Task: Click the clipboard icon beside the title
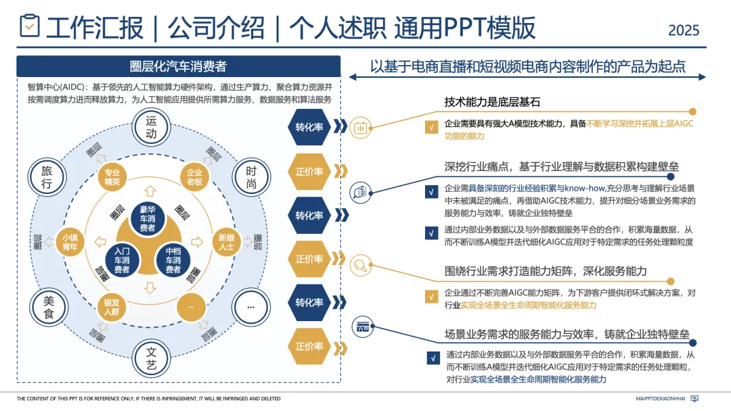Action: [x=30, y=26]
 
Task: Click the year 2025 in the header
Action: [x=684, y=30]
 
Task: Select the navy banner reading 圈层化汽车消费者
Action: [x=178, y=66]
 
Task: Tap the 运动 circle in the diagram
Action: [x=151, y=127]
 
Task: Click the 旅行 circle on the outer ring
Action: [x=47, y=177]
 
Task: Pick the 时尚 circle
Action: [x=251, y=178]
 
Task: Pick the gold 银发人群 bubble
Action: [x=112, y=307]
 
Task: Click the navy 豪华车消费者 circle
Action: [x=152, y=218]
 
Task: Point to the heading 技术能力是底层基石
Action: [x=492, y=102]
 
